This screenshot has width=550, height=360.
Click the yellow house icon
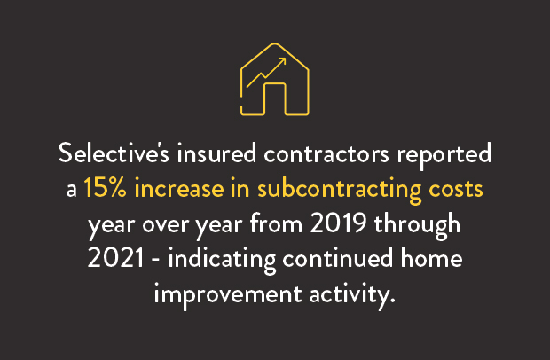click(x=275, y=82)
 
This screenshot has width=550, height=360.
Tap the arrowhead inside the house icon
click(x=282, y=62)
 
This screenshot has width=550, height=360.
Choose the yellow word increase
click(x=183, y=188)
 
